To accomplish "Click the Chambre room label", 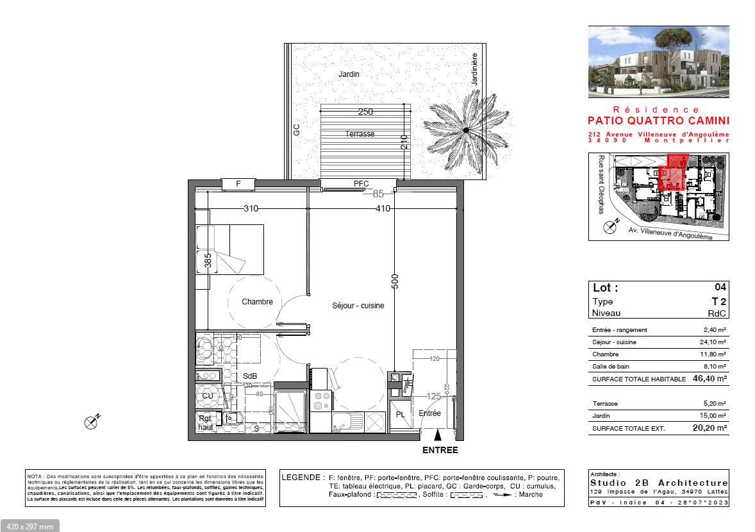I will (x=257, y=302).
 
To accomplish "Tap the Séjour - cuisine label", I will (x=358, y=306).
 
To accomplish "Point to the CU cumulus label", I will (x=207, y=396).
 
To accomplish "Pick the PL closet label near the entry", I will (x=401, y=415).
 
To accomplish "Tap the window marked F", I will (x=238, y=184).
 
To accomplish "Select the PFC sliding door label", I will (x=361, y=184).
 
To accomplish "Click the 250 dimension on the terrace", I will (x=365, y=112).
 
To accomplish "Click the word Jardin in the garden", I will (x=349, y=74).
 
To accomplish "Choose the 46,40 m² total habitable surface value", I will (x=709, y=379).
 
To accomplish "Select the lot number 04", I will (x=720, y=288).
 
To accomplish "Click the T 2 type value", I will (x=719, y=301).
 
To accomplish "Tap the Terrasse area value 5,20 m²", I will (x=713, y=404).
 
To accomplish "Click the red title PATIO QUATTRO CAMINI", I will (x=658, y=121).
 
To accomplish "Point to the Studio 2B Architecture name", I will (x=658, y=483).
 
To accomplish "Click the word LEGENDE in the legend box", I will (x=303, y=478).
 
